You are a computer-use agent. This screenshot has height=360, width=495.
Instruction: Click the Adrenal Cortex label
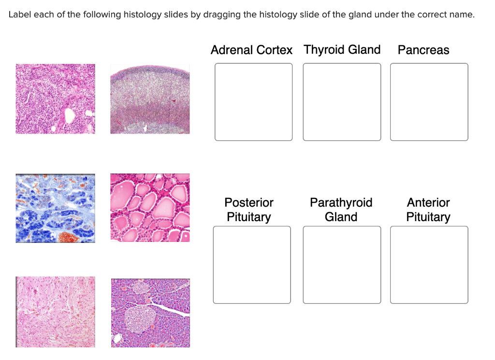pos(251,50)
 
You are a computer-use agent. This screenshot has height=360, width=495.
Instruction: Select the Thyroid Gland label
pos(342,50)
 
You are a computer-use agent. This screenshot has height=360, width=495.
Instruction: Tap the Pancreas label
pos(423,50)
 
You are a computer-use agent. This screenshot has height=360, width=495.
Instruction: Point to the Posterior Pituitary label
pos(249,210)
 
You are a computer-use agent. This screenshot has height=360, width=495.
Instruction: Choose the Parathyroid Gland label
pos(341,210)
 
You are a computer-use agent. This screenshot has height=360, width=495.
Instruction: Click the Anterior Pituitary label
pos(428,210)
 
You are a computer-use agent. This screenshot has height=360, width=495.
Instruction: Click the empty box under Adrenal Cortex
pos(253,102)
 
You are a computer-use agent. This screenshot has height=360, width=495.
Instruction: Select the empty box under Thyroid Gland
pos(342,102)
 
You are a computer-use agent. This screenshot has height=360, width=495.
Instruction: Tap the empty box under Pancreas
pos(429,102)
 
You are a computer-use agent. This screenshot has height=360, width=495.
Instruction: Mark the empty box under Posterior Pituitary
pos(252,265)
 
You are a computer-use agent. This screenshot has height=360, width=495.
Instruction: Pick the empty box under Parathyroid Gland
pos(342,265)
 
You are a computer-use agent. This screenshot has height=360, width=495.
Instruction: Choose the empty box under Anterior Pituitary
pos(429,265)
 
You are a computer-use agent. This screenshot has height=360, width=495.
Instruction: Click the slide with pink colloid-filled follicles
pos(150,208)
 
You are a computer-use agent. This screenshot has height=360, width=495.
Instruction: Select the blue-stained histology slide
pos(55,208)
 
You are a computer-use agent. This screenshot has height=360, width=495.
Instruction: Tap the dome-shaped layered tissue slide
pos(150,99)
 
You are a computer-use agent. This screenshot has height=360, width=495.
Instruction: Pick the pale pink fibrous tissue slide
pos(55,312)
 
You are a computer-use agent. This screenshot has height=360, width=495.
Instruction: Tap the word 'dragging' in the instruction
pos(221,15)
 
